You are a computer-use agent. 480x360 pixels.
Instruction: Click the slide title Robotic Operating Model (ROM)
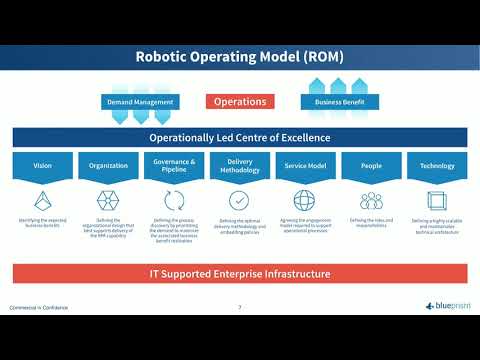240,57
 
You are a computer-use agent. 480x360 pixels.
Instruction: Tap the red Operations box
240,101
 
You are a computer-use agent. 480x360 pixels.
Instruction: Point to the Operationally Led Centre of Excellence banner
240,138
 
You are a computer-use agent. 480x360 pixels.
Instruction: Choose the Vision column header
43,165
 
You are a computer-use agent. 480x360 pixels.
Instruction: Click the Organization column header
108,165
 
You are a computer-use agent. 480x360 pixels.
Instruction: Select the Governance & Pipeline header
174,165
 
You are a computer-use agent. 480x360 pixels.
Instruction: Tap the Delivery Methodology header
240,165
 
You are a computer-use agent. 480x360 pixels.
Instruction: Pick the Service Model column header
305,165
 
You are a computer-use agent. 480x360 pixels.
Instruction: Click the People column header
371,165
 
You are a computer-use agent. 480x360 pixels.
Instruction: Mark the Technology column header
437,165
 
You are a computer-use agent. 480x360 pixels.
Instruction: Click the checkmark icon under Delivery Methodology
240,200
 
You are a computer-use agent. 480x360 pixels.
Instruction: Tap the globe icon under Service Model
305,200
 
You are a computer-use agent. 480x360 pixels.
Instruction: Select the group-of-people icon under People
371,200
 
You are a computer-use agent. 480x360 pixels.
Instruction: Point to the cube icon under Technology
437,200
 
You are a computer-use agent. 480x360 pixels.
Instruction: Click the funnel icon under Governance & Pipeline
174,200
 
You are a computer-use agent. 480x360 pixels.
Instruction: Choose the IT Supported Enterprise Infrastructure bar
240,273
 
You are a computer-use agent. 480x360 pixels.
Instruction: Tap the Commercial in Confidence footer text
39,307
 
